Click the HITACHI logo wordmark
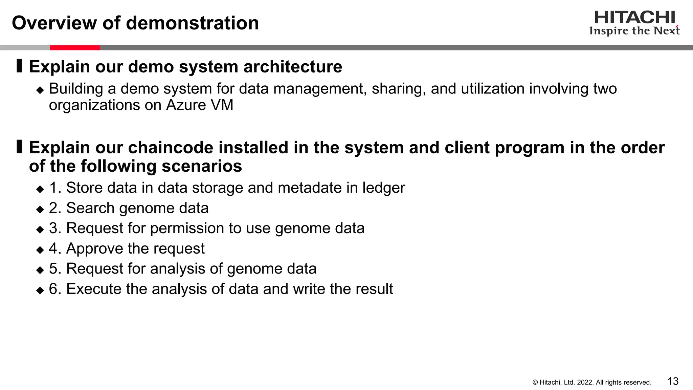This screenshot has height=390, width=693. (634, 18)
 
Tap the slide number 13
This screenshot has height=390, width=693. (673, 381)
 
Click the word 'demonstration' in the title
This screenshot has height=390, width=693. (193, 23)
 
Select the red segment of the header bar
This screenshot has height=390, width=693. (75, 48)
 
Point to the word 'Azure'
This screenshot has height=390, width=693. (186, 105)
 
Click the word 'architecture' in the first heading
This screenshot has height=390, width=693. (293, 66)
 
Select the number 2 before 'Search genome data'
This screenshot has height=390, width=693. (53, 208)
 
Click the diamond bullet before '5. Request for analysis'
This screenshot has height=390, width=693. (40, 270)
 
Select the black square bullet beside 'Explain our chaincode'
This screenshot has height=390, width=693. (19, 147)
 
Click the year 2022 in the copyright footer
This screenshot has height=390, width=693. (584, 383)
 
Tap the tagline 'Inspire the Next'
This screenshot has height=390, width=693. (634, 31)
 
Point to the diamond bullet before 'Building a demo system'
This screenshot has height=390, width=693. (40, 90)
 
